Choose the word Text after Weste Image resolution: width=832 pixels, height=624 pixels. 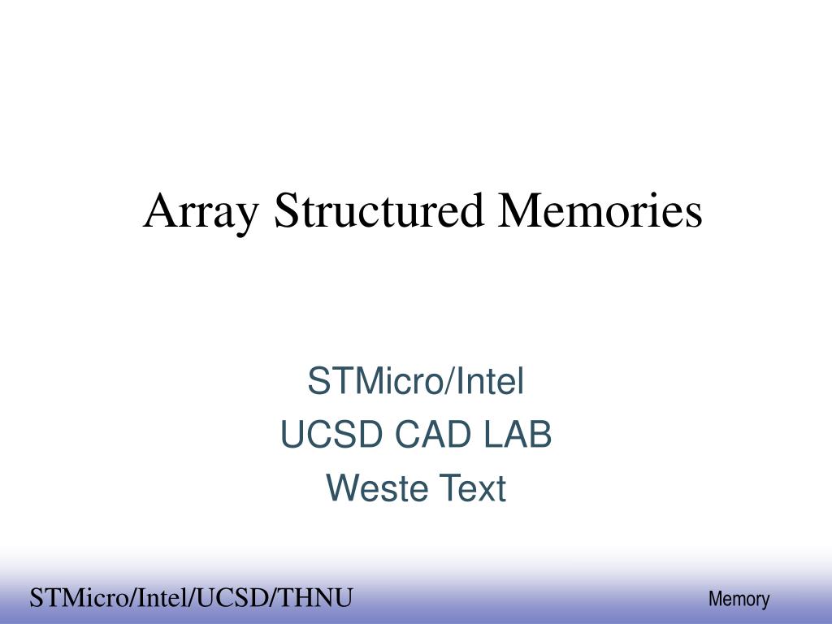coord(474,489)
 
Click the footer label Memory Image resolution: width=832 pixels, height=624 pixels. coord(739,600)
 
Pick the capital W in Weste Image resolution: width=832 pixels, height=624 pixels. coord(341,489)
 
